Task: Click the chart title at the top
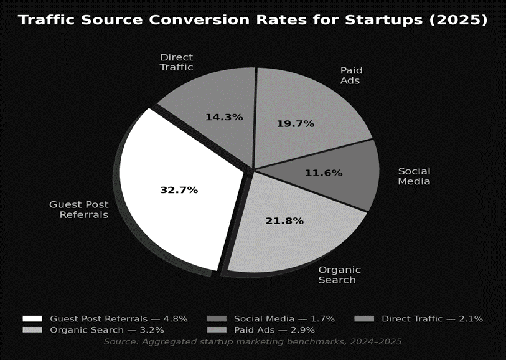tap(252, 20)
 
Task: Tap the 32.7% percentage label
tap(179, 190)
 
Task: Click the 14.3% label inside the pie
tap(224, 117)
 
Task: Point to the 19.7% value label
tap(295, 124)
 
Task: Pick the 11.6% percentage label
tap(323, 173)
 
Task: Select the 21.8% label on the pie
tap(284, 221)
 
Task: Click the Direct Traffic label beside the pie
tap(176, 62)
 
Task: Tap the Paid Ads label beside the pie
tap(351, 75)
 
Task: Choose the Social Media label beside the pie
tap(414, 176)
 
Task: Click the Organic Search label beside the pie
tap(339, 275)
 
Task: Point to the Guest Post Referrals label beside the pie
tap(78, 209)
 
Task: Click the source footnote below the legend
tap(252, 342)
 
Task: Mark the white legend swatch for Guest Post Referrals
tap(32, 319)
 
